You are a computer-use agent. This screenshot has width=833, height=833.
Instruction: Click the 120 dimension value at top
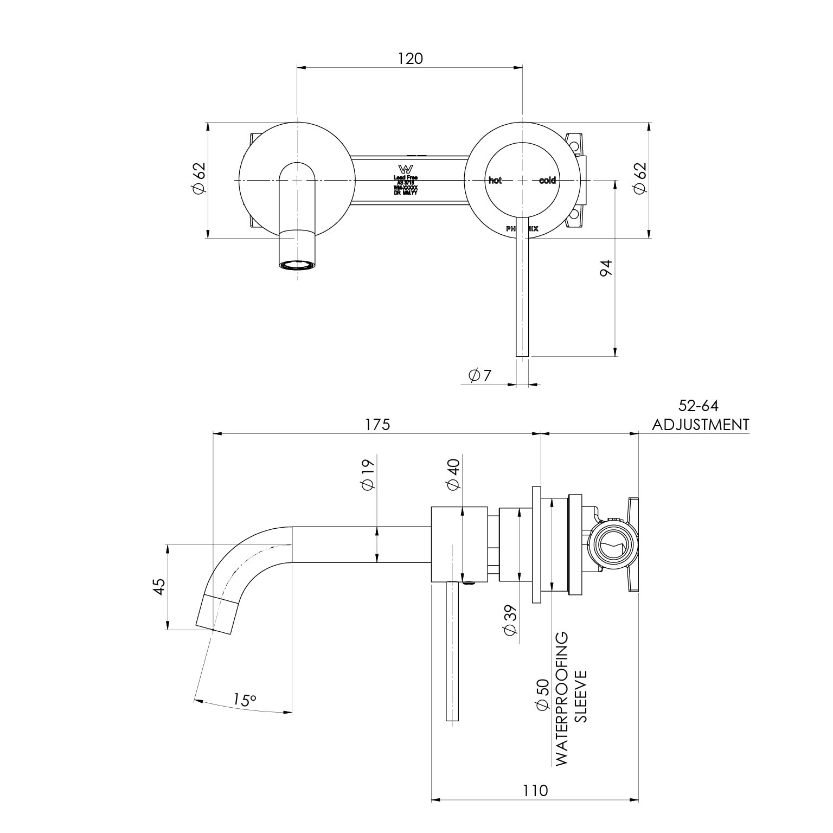[410, 59]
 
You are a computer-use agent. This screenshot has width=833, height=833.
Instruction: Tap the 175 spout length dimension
[377, 424]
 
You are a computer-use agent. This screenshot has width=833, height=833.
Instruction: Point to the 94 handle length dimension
[605, 268]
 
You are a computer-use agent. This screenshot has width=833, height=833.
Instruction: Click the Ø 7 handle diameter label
[479, 375]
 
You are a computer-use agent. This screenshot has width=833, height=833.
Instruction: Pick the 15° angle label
[245, 700]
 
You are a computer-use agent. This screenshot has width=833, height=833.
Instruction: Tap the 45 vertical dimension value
[158, 587]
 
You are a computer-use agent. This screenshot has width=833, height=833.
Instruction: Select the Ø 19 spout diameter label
[368, 475]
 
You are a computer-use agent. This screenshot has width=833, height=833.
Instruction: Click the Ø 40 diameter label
[453, 475]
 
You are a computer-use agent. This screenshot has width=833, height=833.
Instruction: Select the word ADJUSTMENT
[700, 424]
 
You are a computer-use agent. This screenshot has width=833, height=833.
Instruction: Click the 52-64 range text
[699, 406]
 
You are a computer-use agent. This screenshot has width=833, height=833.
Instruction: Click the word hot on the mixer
[495, 181]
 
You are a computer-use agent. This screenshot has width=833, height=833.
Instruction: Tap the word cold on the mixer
[547, 181]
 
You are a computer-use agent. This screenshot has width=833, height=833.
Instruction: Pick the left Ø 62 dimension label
[198, 178]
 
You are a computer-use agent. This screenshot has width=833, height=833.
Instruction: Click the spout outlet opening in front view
[297, 265]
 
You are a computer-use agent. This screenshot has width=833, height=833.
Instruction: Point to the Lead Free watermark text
[406, 177]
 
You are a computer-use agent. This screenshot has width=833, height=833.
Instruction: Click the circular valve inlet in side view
[614, 546]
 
